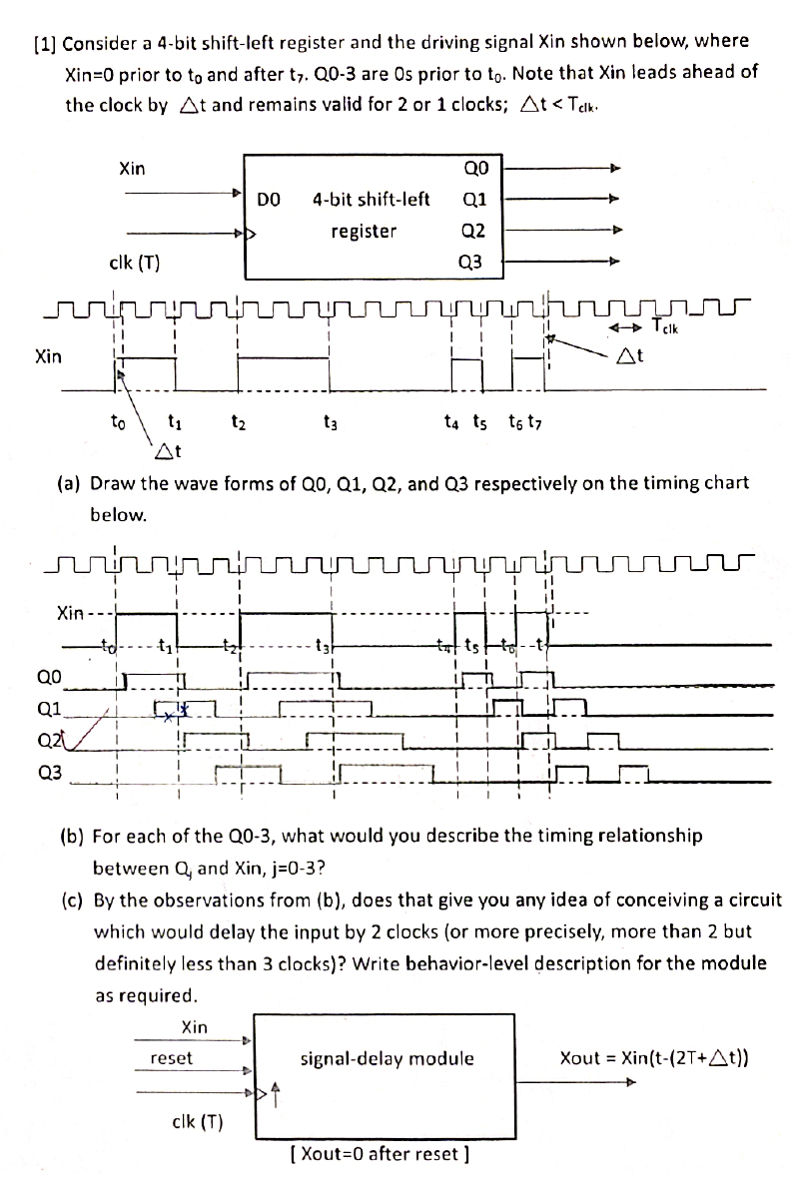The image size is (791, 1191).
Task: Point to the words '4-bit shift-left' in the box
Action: click(x=371, y=199)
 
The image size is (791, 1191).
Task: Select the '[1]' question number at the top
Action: click(x=46, y=43)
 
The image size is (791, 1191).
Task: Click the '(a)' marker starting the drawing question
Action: click(x=69, y=483)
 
